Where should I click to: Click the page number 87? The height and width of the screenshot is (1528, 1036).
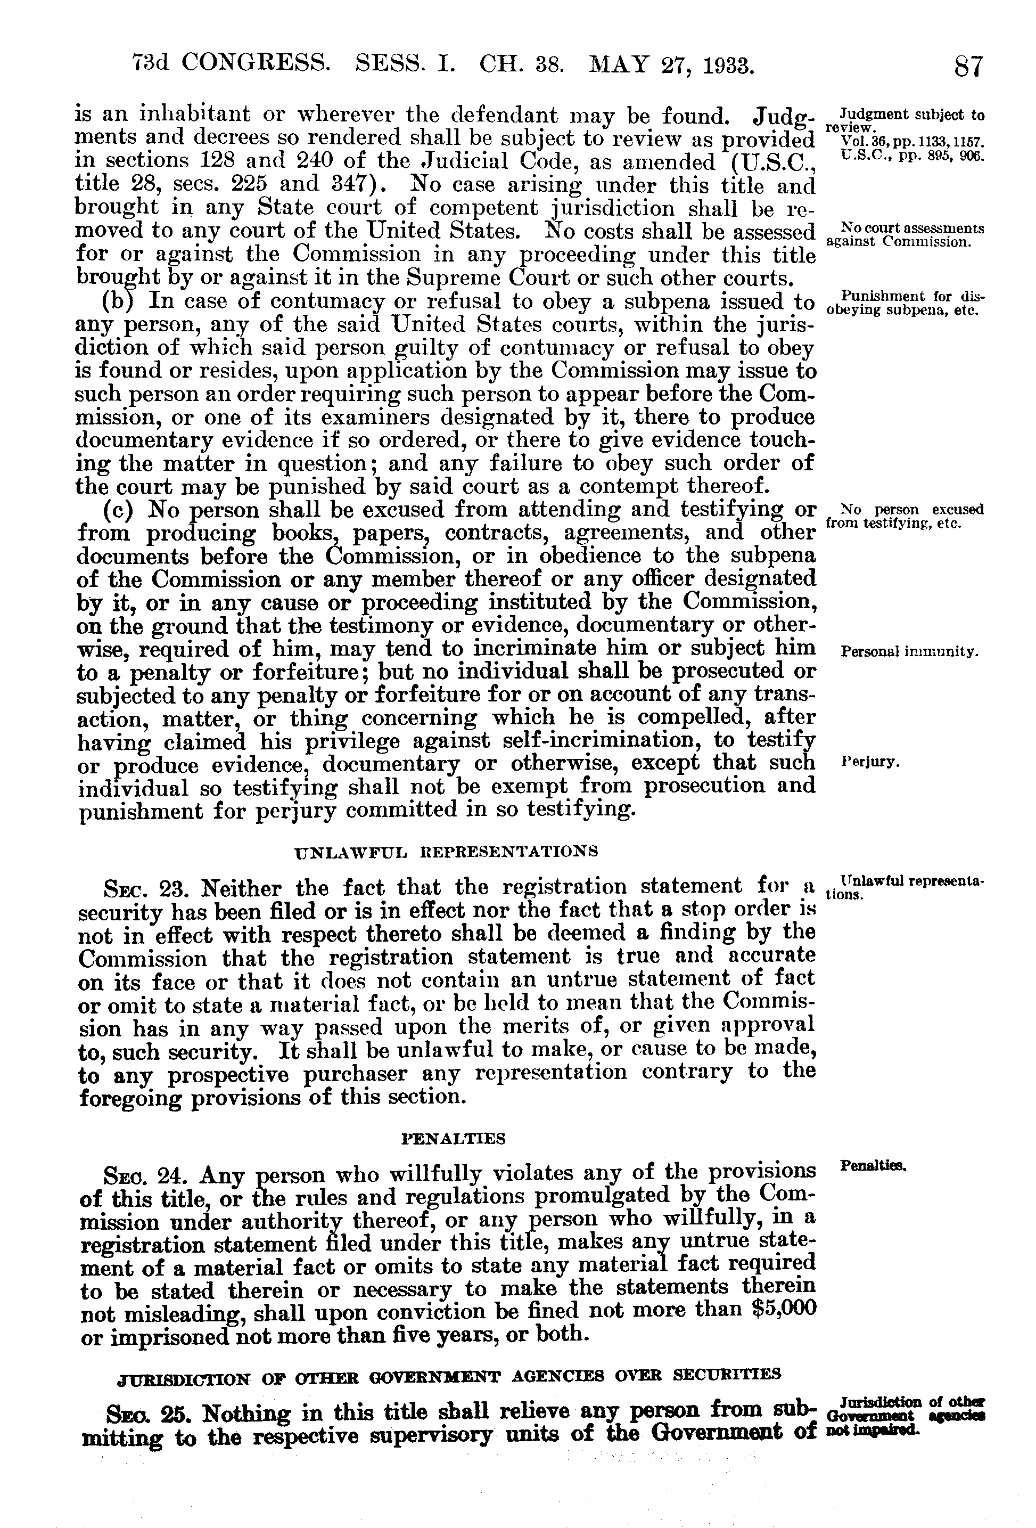tap(969, 67)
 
